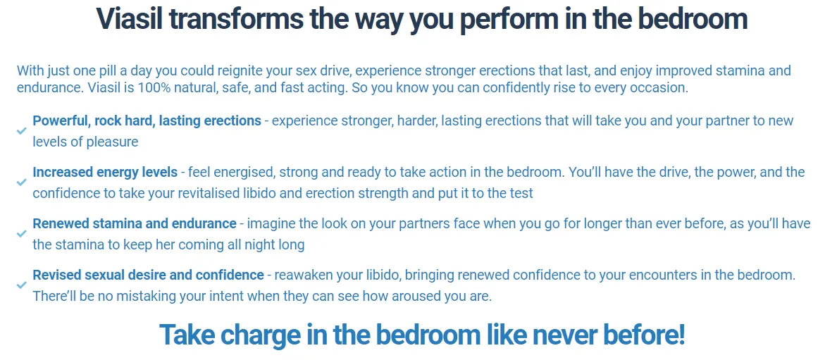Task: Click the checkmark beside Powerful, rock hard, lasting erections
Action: point(22,131)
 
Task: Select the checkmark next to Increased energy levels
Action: point(22,182)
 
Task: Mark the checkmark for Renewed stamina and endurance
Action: point(22,234)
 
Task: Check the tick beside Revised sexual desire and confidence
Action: point(22,285)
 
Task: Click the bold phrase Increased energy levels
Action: point(105,172)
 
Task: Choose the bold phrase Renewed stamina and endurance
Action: point(135,223)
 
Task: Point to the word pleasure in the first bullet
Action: point(112,142)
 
